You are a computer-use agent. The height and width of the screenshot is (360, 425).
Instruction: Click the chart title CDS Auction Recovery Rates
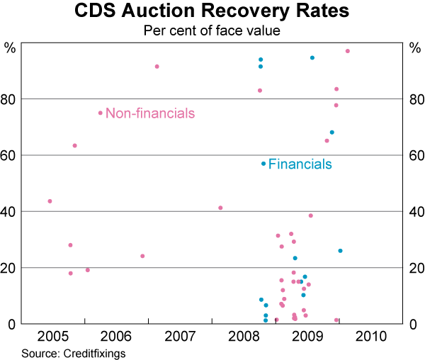coord(212,12)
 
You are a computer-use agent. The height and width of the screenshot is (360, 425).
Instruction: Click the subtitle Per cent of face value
coord(212,30)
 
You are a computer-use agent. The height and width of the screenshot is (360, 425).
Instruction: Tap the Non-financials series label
coord(149,113)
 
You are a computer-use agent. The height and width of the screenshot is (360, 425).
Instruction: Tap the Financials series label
coord(300,164)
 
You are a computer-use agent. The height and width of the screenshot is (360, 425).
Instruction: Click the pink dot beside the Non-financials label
coord(100,113)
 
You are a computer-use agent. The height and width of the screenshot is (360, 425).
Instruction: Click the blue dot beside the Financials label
coord(263,164)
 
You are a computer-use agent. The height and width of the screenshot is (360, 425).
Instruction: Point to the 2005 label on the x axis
coord(53,335)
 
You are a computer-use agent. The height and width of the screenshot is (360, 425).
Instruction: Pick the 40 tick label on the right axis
coord(414,212)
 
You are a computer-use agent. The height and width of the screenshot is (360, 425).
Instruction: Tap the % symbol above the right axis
coord(414,48)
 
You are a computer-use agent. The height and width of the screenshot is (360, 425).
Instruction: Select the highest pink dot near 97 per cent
coord(347,51)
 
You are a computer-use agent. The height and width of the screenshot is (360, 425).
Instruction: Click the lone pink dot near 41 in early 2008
coord(220,208)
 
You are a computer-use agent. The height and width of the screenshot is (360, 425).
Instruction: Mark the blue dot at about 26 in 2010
coord(340,251)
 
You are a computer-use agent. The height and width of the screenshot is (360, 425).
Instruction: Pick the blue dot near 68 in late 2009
coord(331,133)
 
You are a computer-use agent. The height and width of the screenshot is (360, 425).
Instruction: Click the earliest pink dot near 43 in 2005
coord(50,201)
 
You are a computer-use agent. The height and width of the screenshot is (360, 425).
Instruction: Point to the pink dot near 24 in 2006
coord(142,256)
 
